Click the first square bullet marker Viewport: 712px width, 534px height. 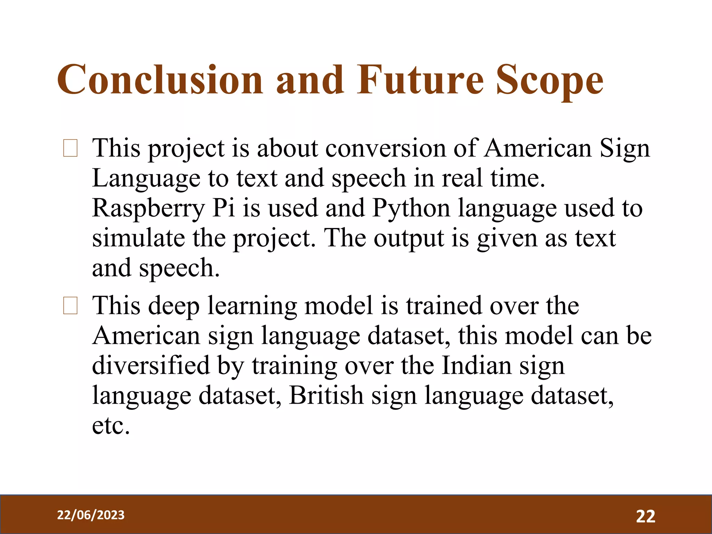pos(70,148)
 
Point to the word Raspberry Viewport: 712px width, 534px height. pos(148,209)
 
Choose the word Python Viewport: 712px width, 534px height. pos(411,209)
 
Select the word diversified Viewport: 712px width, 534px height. pos(151,366)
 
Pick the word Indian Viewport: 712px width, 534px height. pos(477,366)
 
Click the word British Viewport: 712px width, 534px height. pos(326,395)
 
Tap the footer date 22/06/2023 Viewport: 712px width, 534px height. pos(91,515)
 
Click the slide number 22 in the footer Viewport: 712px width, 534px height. pos(646,516)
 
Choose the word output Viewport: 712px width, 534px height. pos(409,239)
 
